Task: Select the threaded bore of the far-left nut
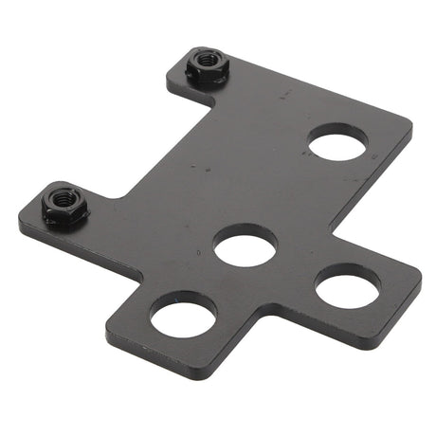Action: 65,199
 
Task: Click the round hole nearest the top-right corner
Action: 337,144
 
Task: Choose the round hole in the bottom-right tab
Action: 347,285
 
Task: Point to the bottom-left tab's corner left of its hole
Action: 111,326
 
